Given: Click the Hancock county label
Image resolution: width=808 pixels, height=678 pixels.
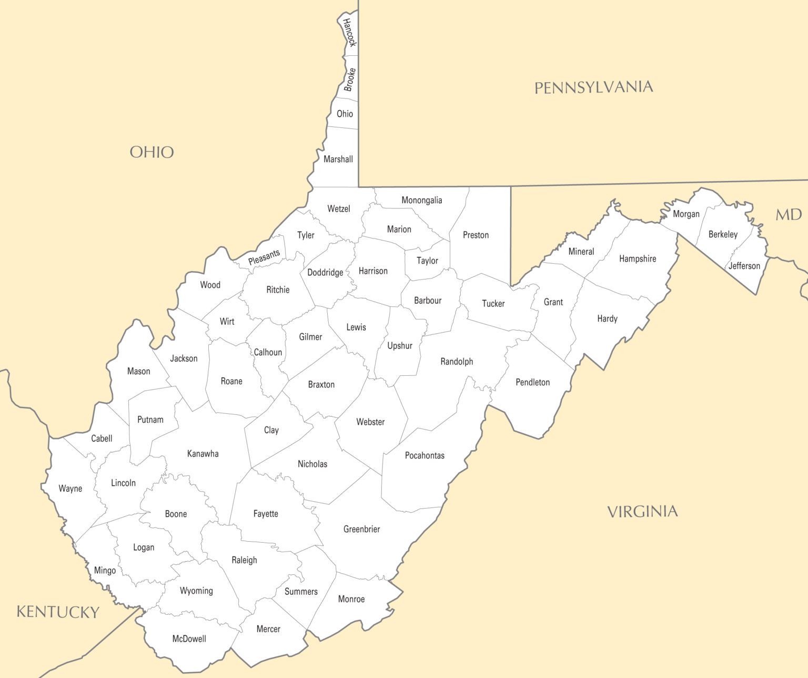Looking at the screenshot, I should pos(349,32).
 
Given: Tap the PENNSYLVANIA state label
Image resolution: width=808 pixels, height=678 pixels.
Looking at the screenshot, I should pos(593,87).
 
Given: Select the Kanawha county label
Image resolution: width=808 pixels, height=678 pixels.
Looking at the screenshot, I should pos(203,454).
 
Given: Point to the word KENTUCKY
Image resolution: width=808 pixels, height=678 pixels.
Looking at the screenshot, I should pos(58,612).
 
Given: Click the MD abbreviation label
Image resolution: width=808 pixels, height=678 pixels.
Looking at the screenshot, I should pos(789,215).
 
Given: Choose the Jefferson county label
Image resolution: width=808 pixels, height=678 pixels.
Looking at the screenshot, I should pos(744,266).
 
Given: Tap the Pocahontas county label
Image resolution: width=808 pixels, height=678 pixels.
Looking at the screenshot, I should pos(425,455).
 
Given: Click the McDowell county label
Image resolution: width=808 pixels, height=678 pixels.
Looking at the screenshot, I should pos(189,639).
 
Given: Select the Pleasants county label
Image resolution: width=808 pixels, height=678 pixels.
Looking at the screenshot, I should pos(264,257).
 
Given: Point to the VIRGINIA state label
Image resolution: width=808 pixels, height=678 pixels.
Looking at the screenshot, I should pos(642,512).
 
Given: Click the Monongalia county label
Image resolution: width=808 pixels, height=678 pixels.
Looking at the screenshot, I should pos(421,200).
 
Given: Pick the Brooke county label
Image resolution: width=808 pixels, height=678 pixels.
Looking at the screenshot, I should pos(350,79).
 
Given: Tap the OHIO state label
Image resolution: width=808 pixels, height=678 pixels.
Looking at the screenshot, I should pos(151,152).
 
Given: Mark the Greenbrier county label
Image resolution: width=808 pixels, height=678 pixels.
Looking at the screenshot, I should pos(361,529).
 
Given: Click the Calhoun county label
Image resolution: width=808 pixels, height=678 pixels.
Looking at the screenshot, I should pos(268,352).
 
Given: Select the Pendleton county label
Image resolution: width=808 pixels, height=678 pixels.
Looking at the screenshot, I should pos(532,382).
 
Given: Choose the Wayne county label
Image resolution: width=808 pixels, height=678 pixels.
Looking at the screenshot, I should pos(70,488).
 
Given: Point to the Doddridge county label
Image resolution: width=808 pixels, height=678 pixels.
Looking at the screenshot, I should pos(325,272).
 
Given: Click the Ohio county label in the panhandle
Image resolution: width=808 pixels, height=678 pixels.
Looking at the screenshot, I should pos(345,114).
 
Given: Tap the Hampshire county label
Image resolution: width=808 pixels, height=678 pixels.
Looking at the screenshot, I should pos(638,258).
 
